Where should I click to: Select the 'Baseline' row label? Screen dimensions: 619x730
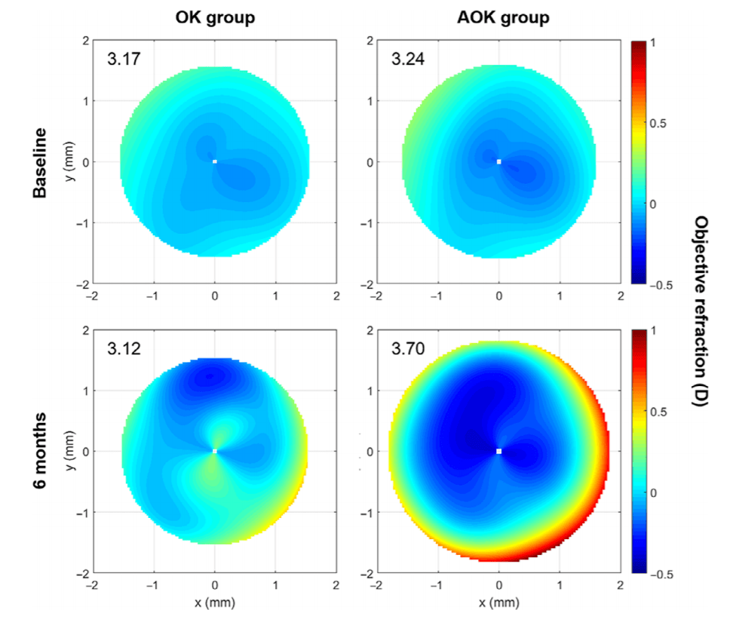point(40,163)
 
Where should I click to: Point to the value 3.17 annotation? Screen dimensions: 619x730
point(123,59)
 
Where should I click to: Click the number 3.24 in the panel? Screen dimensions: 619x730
point(407,59)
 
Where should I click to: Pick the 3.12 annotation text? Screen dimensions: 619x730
point(123,349)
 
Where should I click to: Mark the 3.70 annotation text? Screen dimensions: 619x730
point(407,349)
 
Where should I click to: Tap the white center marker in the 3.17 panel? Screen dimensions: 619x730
point(215,161)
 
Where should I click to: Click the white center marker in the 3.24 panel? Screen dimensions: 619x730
point(498,161)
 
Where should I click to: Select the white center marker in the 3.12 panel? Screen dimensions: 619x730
point(215,451)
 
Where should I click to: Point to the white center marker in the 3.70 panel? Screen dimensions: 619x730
point(498,451)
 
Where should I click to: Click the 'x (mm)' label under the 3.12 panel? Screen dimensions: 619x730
point(215,603)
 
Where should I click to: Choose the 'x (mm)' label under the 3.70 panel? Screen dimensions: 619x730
point(498,603)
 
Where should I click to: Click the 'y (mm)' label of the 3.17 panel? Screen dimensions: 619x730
point(70,162)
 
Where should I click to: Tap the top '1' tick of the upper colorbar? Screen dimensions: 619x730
point(653,43)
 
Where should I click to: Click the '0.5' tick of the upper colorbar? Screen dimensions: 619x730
point(658,124)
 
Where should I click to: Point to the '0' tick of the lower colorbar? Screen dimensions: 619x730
point(653,492)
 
